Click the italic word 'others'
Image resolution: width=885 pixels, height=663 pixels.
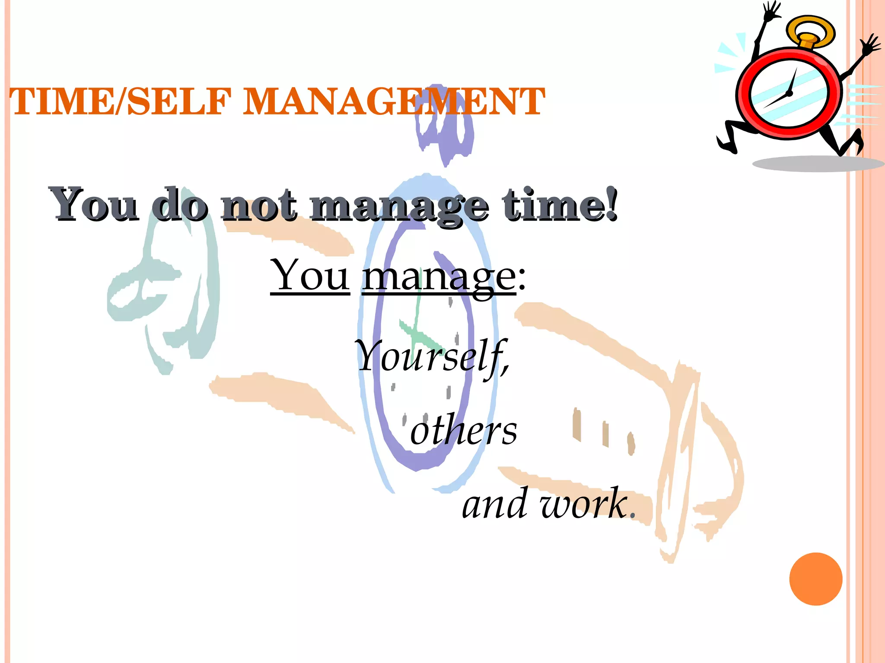click(x=464, y=430)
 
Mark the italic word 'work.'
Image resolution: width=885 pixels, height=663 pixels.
click(x=588, y=504)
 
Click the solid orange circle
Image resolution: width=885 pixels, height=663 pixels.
click(x=815, y=579)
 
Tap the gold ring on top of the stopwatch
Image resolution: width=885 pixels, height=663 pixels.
click(x=810, y=30)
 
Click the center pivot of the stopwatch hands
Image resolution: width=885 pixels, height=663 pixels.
click(x=789, y=93)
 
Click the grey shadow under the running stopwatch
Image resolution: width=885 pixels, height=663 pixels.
click(x=817, y=164)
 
